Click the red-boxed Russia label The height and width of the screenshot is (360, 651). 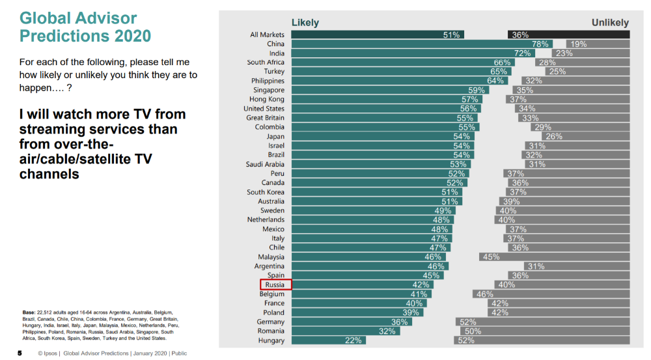(276, 284)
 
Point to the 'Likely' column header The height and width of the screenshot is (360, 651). (305, 23)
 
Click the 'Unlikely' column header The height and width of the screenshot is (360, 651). (610, 23)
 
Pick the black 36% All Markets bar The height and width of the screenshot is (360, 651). (568, 35)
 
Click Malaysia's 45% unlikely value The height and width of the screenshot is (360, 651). (491, 257)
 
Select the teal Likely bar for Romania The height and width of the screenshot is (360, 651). (346, 331)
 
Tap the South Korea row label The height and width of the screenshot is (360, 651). (266, 192)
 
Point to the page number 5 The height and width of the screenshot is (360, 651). (20, 353)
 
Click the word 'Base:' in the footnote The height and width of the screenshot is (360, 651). (29, 312)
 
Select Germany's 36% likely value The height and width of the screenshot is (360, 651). (399, 322)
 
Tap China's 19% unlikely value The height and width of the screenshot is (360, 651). (579, 44)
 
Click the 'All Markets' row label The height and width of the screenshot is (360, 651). (267, 35)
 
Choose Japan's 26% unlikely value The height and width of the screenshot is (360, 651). (554, 137)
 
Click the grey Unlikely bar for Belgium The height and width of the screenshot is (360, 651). (551, 294)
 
